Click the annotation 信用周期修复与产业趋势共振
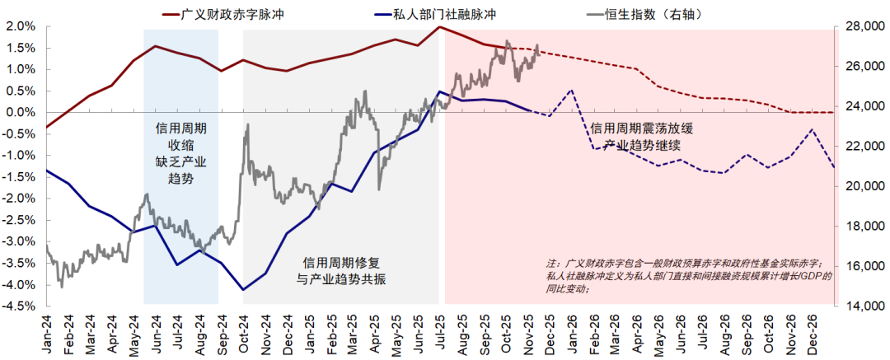pos(341,271)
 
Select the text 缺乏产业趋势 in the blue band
pos(181,170)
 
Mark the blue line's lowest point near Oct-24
pos(243,289)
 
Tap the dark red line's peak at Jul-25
pos(440,27)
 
